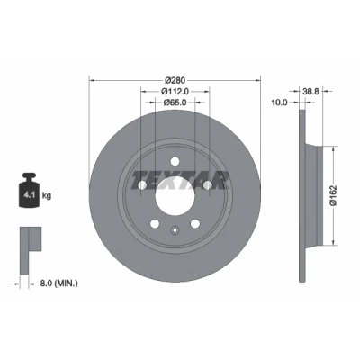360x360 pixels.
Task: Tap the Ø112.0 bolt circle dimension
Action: coord(175,91)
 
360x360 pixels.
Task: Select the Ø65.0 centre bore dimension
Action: coord(175,103)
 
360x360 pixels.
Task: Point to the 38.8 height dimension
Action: coord(311,92)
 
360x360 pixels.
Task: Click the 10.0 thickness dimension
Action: coord(279,103)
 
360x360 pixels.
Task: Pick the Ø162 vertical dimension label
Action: coord(334,195)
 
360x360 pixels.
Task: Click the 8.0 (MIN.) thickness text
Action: coord(58,283)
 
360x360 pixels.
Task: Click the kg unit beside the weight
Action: coord(47,196)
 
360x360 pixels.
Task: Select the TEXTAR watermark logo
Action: coord(180,181)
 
